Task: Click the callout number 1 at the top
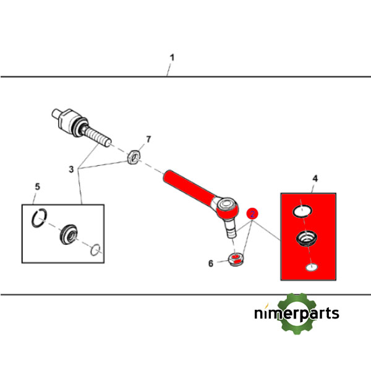click(172, 58)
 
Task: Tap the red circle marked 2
click(252, 214)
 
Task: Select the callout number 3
click(71, 169)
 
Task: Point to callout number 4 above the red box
click(315, 179)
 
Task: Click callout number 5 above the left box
click(37, 187)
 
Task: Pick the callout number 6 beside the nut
click(211, 263)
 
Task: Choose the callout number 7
click(148, 139)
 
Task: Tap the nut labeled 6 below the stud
click(236, 259)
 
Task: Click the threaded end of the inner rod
click(98, 136)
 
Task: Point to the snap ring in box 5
click(39, 218)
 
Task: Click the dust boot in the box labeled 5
click(69, 234)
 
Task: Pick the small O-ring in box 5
click(96, 250)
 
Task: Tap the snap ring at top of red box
click(302, 211)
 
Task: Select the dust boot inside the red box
click(307, 239)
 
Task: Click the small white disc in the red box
click(312, 267)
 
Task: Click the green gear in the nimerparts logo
click(297, 313)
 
